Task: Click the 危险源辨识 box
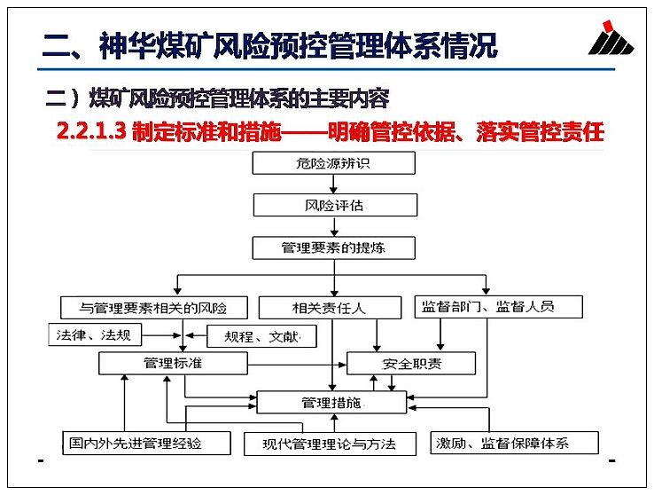(334, 162)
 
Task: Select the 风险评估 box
(335, 205)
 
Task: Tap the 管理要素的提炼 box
(334, 247)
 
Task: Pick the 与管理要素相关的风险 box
(154, 308)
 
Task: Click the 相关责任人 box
(330, 308)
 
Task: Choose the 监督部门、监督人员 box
(498, 307)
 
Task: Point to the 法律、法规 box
(95, 334)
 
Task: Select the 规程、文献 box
(261, 336)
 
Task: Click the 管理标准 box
(173, 363)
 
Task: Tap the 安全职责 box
(411, 363)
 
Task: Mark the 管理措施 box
(331, 403)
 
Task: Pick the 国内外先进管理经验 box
(146, 443)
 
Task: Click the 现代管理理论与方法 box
(330, 444)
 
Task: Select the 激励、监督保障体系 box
(514, 443)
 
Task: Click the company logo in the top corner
(611, 37)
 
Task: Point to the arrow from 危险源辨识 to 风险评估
(333, 184)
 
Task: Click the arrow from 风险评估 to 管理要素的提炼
(334, 226)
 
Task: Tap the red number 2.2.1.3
(91, 131)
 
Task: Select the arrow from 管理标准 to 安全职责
(297, 365)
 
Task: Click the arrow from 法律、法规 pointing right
(161, 335)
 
